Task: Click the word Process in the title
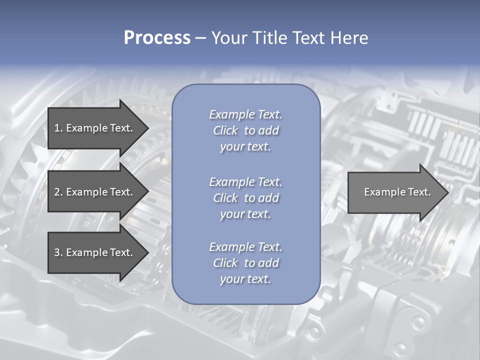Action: [157, 37]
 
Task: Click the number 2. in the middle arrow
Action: [58, 192]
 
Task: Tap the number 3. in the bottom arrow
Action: [58, 252]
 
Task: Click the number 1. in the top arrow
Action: [58, 128]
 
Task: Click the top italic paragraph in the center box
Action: [245, 130]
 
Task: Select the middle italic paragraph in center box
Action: [245, 197]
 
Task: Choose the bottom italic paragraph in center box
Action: [245, 263]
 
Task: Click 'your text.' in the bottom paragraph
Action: [245, 279]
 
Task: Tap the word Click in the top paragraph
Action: [225, 130]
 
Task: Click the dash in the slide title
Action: [200, 38]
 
